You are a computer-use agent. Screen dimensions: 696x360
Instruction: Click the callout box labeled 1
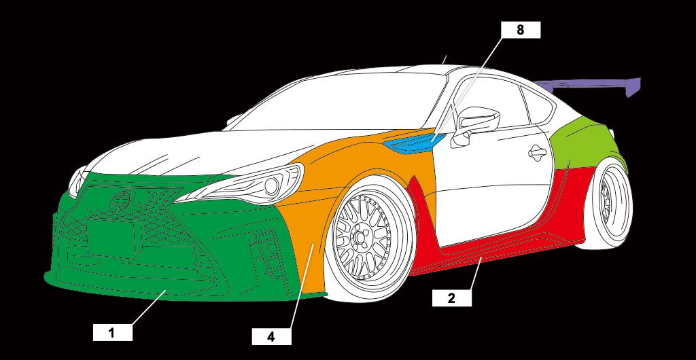pos(113,333)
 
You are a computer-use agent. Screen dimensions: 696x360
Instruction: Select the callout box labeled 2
pos(452,298)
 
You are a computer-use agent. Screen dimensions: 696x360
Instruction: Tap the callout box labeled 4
pos(272,336)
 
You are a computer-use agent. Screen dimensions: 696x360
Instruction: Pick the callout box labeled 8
pos(521,30)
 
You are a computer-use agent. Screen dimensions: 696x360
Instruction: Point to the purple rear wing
pos(591,85)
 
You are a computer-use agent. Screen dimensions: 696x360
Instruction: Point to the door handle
pos(537,153)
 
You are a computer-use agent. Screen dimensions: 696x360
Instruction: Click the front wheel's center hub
pos(360,235)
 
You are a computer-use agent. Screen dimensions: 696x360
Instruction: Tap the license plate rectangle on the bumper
pos(111,238)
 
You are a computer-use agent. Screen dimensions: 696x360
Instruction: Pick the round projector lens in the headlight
pos(271,187)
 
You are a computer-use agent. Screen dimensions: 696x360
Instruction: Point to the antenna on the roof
pos(445,59)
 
